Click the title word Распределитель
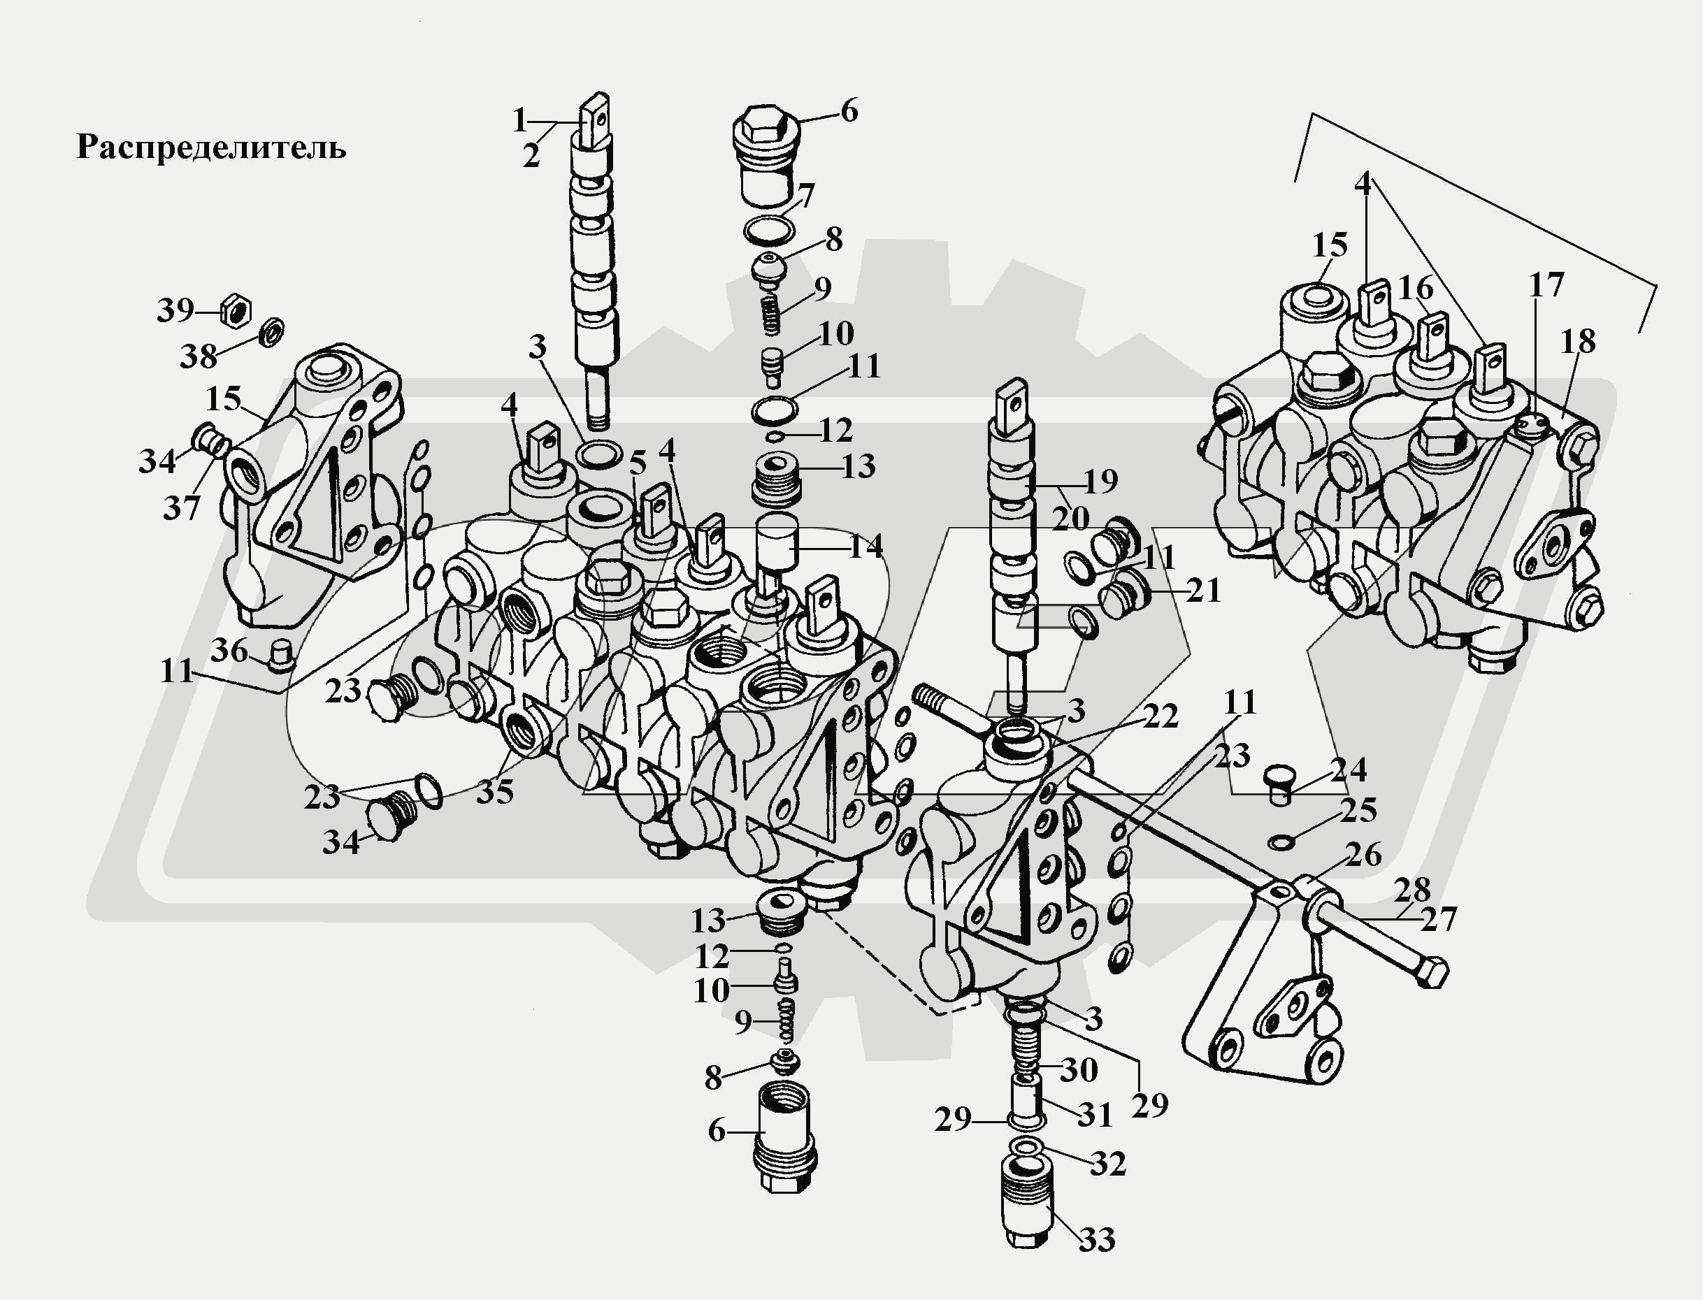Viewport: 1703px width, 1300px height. tap(210, 147)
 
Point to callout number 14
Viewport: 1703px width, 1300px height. tap(865, 547)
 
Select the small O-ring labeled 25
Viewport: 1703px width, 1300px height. tap(1279, 841)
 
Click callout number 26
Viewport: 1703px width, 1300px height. tap(1363, 854)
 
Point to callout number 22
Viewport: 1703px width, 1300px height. tap(1160, 716)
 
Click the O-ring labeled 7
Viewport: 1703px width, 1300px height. tap(769, 230)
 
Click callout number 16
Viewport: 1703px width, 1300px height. tap(1416, 289)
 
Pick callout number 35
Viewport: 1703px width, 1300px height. tap(495, 791)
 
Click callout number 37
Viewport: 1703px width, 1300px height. tap(182, 508)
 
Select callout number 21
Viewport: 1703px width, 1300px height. tap(1202, 591)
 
